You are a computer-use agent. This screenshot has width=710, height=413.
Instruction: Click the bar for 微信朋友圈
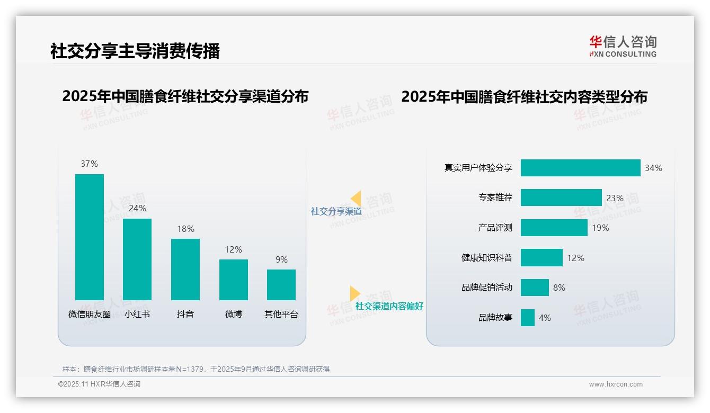click(90, 237)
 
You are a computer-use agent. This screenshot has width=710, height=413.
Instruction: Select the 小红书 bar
click(137, 259)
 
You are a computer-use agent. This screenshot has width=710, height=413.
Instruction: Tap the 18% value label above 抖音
click(185, 229)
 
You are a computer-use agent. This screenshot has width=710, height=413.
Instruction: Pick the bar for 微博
click(233, 280)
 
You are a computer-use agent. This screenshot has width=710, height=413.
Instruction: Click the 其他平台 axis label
click(281, 314)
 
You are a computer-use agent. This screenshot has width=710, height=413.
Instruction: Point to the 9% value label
click(281, 259)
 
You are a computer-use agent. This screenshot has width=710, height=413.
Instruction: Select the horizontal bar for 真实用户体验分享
click(580, 168)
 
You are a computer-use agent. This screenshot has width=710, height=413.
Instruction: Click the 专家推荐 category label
click(495, 197)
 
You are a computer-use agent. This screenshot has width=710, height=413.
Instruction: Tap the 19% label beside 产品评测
click(600, 228)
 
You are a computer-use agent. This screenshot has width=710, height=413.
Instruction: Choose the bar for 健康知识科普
click(542, 258)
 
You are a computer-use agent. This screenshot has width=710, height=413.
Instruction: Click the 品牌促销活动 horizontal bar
click(535, 288)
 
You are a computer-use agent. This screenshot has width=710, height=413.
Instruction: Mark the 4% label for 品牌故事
click(545, 318)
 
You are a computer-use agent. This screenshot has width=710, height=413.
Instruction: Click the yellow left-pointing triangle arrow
click(356, 199)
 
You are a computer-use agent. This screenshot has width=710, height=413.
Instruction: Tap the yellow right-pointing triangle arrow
click(354, 293)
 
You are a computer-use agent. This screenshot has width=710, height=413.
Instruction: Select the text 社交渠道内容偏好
click(389, 306)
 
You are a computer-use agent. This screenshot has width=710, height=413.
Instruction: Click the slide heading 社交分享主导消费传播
click(135, 51)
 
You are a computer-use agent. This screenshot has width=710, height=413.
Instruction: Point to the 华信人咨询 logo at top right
click(623, 46)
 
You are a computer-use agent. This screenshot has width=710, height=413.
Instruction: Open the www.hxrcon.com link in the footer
click(616, 384)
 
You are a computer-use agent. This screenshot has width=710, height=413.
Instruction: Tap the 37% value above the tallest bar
click(90, 164)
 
